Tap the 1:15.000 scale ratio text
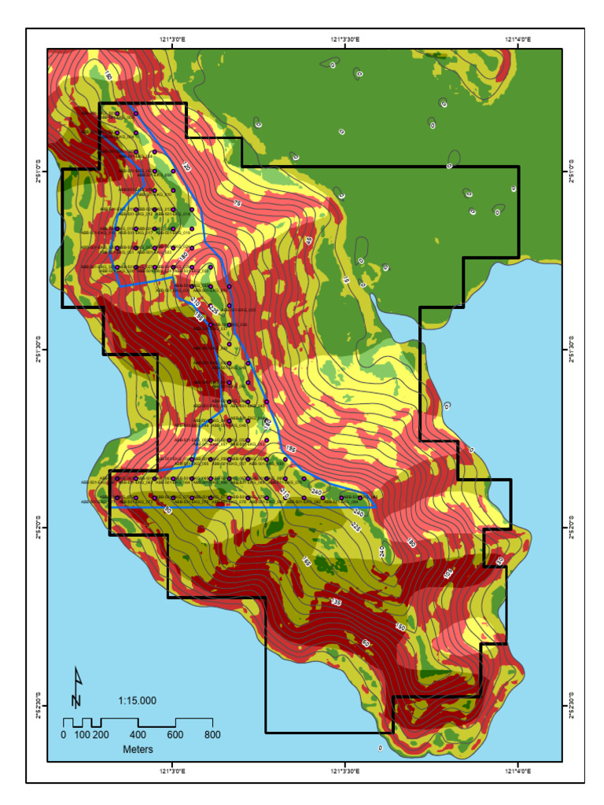(138, 700)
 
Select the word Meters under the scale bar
(138, 749)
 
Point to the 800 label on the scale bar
(212, 735)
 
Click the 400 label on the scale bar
(138, 735)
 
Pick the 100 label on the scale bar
(82, 735)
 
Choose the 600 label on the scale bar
(175, 735)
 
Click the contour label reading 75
(237, 204)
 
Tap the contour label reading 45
(308, 240)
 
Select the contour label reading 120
(186, 167)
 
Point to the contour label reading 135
(336, 601)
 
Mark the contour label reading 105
(448, 574)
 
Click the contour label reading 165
(307, 562)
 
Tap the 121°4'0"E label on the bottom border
(517, 771)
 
